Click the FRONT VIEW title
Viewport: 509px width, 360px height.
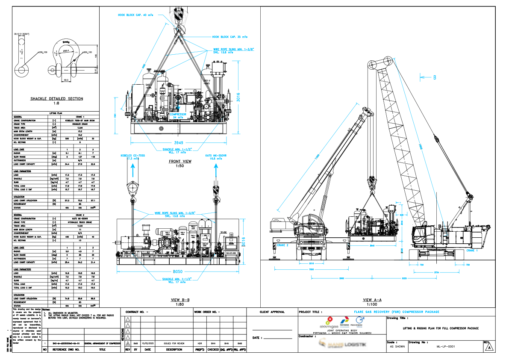click(x=180, y=162)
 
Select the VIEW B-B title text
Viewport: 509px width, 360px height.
click(x=179, y=300)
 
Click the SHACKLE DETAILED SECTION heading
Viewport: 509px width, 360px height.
click(x=56, y=99)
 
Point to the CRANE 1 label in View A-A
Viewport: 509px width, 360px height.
click(x=472, y=250)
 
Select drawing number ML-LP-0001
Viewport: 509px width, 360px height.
click(x=444, y=346)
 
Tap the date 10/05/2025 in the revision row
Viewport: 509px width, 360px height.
click(x=147, y=343)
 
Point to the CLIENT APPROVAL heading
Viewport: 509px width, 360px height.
click(x=272, y=312)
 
